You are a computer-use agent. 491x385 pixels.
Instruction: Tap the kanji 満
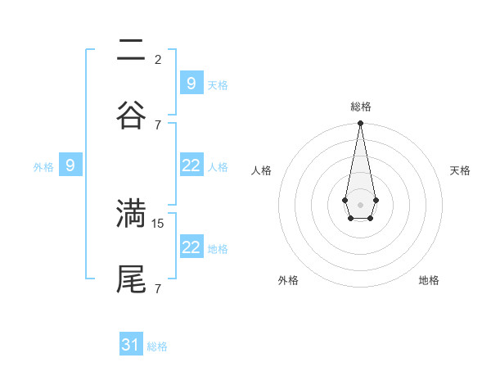tap(131, 213)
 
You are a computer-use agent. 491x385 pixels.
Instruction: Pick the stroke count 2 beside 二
tap(158, 60)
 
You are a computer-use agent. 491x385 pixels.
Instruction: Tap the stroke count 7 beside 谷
tap(158, 125)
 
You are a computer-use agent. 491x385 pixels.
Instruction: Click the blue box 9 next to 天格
tap(191, 84)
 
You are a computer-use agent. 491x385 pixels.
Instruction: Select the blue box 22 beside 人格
tap(191, 165)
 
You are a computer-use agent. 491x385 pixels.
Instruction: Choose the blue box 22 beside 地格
tap(191, 247)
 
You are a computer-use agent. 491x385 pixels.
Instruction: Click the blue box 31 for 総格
tap(131, 345)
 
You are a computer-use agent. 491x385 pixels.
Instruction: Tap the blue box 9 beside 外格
tap(70, 165)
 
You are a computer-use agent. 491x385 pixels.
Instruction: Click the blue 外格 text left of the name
tap(43, 167)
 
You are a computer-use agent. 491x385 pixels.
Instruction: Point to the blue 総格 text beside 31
tap(157, 346)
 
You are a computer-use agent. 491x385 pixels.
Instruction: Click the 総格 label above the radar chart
tap(360, 106)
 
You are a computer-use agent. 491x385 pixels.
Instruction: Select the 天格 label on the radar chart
tap(461, 170)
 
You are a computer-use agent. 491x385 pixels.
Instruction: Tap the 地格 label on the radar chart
tap(429, 280)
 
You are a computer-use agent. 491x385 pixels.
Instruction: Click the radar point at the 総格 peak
tap(360, 124)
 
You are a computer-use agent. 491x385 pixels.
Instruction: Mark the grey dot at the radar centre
tap(360, 203)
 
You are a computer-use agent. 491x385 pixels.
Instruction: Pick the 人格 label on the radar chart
tap(262, 170)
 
